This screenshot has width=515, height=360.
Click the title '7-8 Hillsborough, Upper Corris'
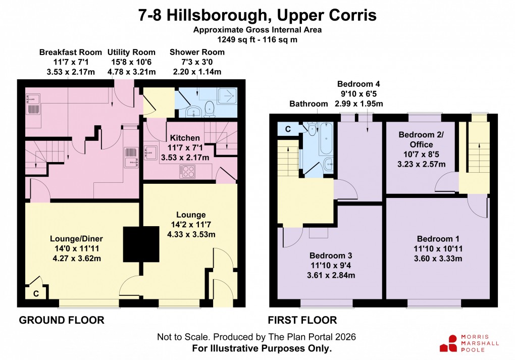click(257, 15)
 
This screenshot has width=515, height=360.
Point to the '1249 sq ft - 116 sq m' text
click(257, 38)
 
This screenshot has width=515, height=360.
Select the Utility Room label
click(131, 53)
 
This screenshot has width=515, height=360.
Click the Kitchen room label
click(185, 138)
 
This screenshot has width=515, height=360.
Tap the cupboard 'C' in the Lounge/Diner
click(35, 293)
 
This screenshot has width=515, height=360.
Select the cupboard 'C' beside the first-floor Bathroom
click(287, 129)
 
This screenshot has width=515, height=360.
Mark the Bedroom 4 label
click(358, 84)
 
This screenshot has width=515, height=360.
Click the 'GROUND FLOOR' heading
click(62, 320)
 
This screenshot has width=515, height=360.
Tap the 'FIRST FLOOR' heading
click(302, 320)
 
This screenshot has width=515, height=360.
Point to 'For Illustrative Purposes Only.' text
click(262, 348)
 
